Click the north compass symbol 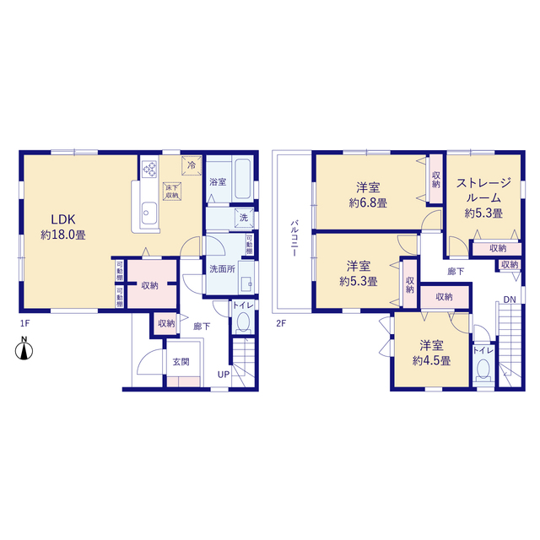(x=24, y=348)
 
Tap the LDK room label (x=63, y=219)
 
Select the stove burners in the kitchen (x=149, y=169)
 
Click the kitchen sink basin (x=149, y=213)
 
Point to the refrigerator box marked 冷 (x=192, y=165)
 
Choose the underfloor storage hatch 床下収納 (x=172, y=192)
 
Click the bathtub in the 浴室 (x=243, y=179)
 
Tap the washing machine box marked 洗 (x=244, y=218)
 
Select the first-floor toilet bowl (x=244, y=322)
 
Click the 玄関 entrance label (x=181, y=362)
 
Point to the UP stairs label (x=224, y=375)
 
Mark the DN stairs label (x=510, y=300)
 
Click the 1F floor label (x=24, y=323)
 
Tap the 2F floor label (x=281, y=323)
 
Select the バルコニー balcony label (x=294, y=238)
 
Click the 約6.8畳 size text (x=368, y=203)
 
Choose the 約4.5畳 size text (x=431, y=361)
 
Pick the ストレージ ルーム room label (x=483, y=190)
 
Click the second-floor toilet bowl (x=483, y=368)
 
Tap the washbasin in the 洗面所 (x=247, y=284)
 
